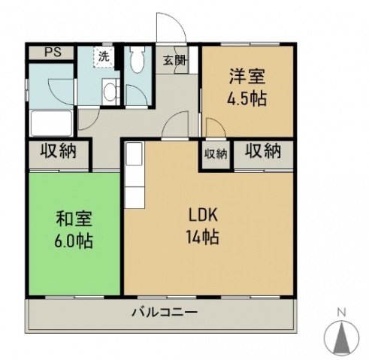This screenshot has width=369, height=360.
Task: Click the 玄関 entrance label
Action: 175,61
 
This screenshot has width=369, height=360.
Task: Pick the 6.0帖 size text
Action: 74,243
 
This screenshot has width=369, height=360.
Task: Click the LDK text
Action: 202,213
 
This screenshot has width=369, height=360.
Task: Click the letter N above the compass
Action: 340,312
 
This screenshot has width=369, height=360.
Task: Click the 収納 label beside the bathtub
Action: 59,152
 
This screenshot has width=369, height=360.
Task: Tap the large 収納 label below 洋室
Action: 262,152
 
